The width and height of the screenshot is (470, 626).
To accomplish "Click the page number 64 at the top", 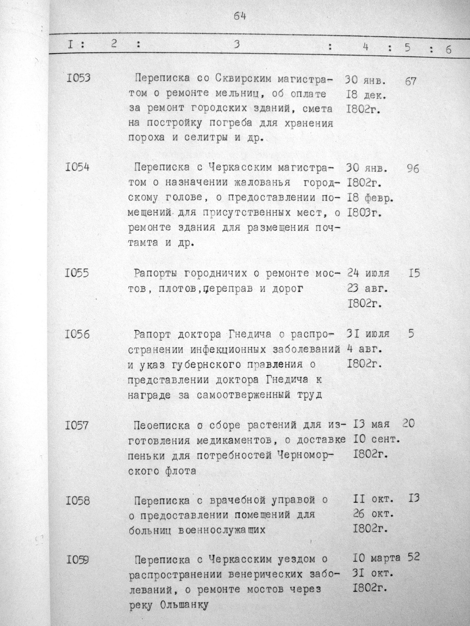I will (x=240, y=16).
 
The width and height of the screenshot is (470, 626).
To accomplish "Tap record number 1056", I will (x=77, y=334).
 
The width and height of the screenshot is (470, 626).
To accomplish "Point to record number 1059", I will (x=78, y=559).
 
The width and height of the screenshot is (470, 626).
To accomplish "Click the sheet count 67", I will (x=411, y=81).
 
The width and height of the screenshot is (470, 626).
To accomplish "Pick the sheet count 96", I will (x=413, y=169).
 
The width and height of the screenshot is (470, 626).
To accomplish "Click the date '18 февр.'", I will (x=372, y=199).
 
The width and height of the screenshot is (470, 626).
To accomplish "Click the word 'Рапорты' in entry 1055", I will (x=155, y=274).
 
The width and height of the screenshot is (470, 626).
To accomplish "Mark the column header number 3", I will (x=237, y=44).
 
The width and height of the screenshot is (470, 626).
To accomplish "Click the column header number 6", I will (x=448, y=50).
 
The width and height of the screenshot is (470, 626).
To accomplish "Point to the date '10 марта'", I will (x=376, y=559).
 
